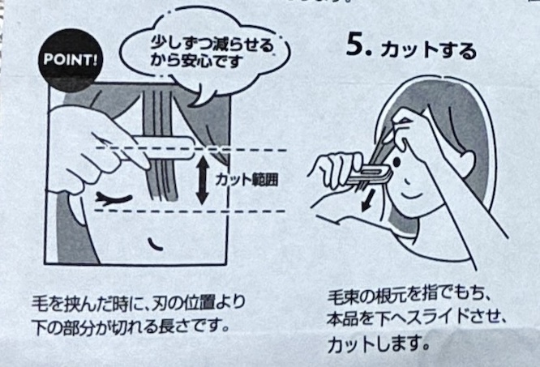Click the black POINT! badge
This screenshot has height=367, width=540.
click(x=71, y=60)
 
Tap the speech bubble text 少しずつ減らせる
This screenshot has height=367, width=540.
click(x=212, y=45)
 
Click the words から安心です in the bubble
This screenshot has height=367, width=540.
click(x=197, y=61)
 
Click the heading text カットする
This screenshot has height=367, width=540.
click(x=429, y=50)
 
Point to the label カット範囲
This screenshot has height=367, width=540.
click(x=246, y=179)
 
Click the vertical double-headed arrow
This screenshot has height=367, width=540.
click(x=203, y=180)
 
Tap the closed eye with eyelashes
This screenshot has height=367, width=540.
click(x=114, y=199)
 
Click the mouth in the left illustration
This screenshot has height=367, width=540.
click(x=156, y=244)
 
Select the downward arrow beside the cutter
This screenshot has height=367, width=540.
click(x=367, y=201)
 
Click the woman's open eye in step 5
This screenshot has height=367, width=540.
click(x=396, y=162)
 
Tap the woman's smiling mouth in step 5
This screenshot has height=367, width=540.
click(x=412, y=197)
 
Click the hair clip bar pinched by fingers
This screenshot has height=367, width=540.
click(x=162, y=148)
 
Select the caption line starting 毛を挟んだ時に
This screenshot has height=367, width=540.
click(x=139, y=303)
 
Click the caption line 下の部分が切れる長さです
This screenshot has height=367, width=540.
click(x=131, y=325)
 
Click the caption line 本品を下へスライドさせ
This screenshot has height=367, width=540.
click(x=416, y=319)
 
